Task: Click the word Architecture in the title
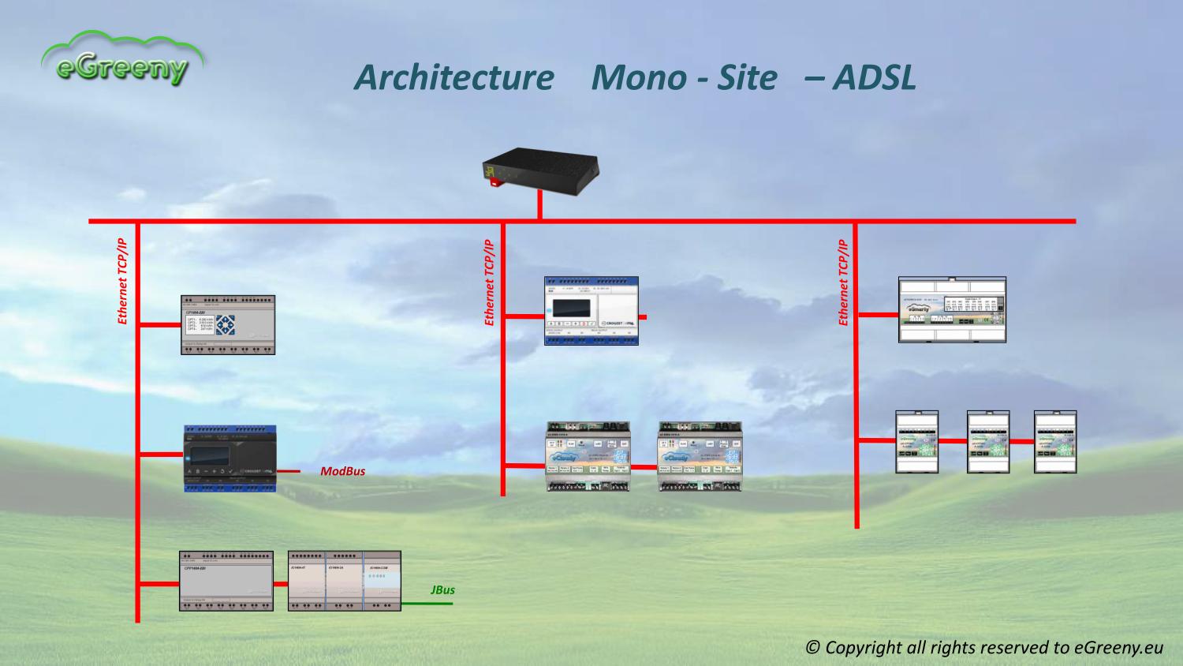point(453,77)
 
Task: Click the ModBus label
point(342,471)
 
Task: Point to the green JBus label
point(442,589)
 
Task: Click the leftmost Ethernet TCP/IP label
point(122,282)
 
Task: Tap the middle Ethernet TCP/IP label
point(489,282)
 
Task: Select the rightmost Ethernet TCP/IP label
point(843,282)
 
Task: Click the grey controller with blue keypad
point(228,324)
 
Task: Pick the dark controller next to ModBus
point(230,458)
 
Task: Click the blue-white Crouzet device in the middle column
point(591,310)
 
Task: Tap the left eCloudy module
point(588,457)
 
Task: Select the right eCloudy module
point(700,457)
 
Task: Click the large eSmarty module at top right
point(952,309)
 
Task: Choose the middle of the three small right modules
point(988,441)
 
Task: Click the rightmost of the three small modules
point(1055,441)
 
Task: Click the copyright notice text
point(984,647)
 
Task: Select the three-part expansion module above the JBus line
point(344,581)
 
